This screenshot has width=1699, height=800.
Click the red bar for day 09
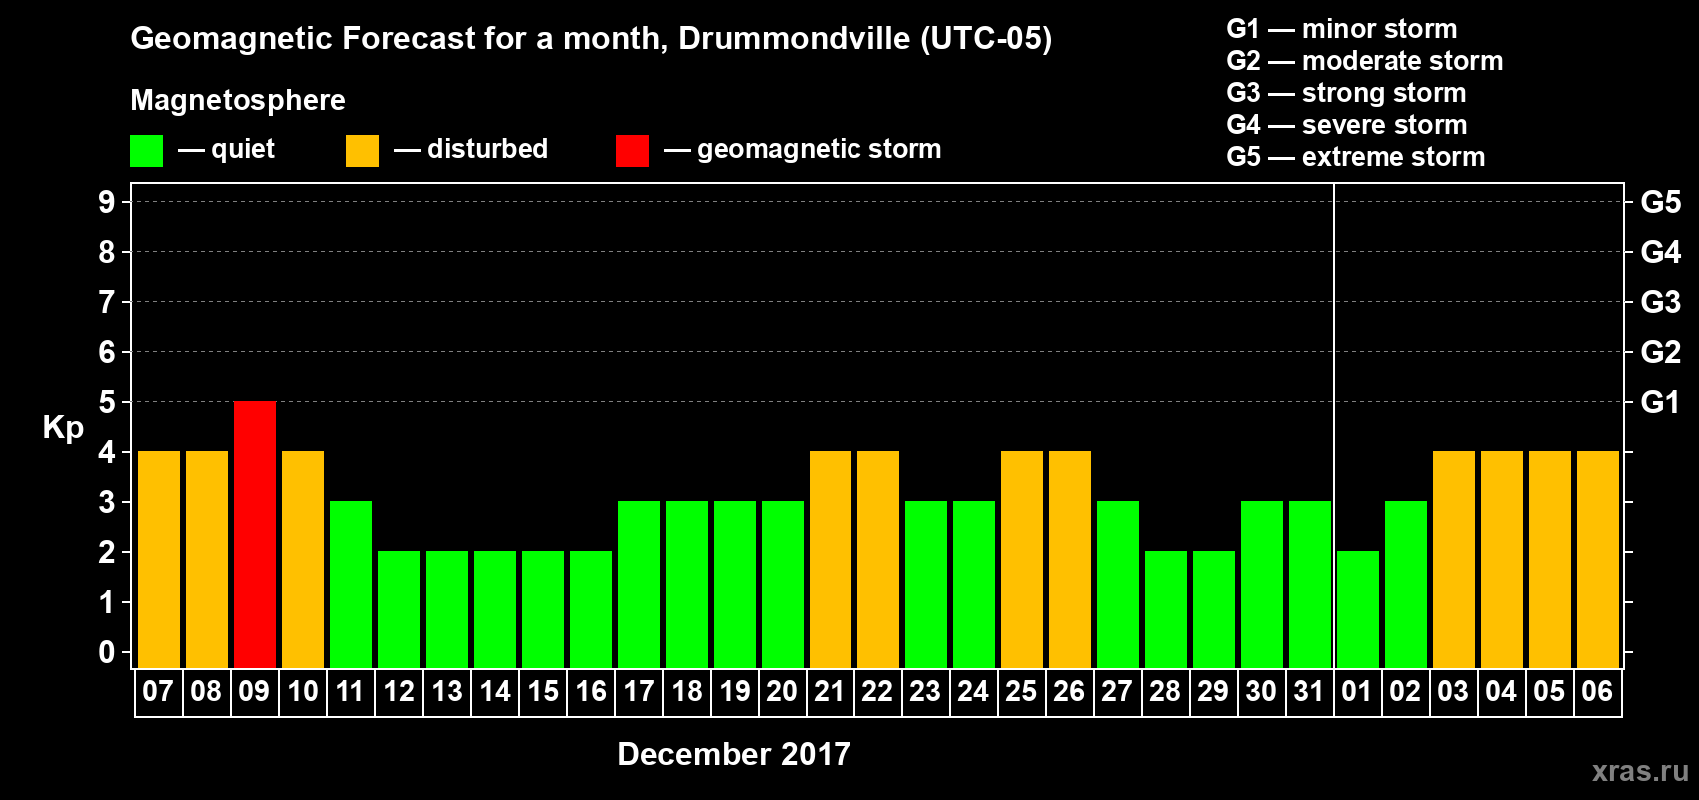[x=255, y=534]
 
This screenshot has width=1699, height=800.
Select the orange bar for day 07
[x=159, y=559]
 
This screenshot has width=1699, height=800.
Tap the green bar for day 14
[x=495, y=609]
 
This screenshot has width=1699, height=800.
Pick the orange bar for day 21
[x=831, y=559]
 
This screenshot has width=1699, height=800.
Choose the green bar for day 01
[x=1358, y=609]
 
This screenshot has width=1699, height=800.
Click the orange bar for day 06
[x=1598, y=559]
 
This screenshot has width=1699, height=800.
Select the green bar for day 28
[x=1166, y=609]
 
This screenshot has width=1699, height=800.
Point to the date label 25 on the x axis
[x=1021, y=691]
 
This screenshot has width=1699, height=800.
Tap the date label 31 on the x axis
[x=1309, y=691]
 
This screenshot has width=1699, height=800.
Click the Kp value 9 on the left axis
[x=107, y=202]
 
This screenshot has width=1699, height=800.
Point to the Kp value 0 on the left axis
[x=107, y=652]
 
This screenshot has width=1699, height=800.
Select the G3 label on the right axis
[x=1660, y=302]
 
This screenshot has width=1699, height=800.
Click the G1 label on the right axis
[x=1660, y=402]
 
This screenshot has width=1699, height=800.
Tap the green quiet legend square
[x=147, y=151]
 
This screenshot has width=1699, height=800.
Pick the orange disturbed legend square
[x=363, y=151]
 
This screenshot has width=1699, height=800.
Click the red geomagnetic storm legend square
[x=632, y=151]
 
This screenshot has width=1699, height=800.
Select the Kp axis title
[x=63, y=427]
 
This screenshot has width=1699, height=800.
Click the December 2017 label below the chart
[x=734, y=754]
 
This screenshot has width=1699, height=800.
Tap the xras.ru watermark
[x=1640, y=771]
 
